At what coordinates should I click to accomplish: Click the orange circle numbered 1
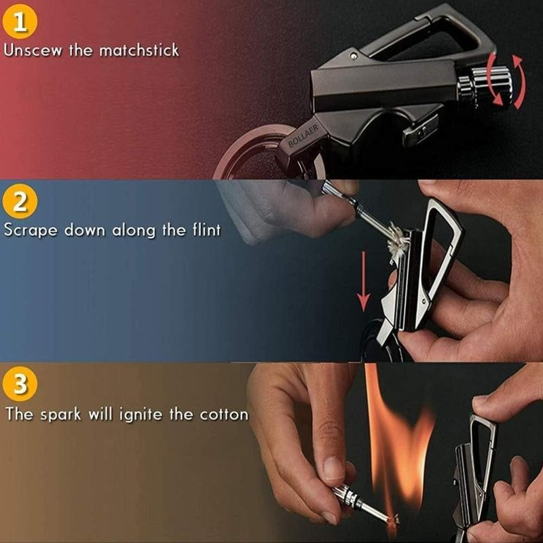click(x=20, y=21)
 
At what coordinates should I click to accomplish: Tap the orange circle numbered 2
click(x=20, y=202)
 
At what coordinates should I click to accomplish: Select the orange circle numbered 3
click(x=20, y=385)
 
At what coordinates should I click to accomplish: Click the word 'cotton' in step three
click(x=223, y=414)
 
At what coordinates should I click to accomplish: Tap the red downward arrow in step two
click(x=364, y=278)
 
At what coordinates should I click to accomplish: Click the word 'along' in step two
click(x=129, y=230)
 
